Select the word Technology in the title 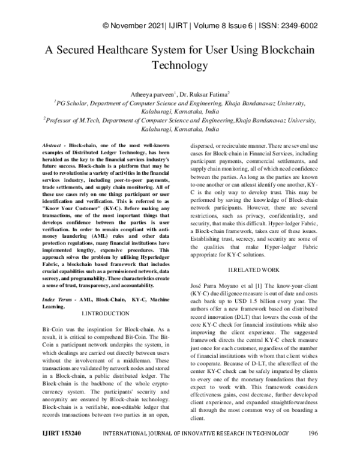coord(179,65)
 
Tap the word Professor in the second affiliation coord(64,120)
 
